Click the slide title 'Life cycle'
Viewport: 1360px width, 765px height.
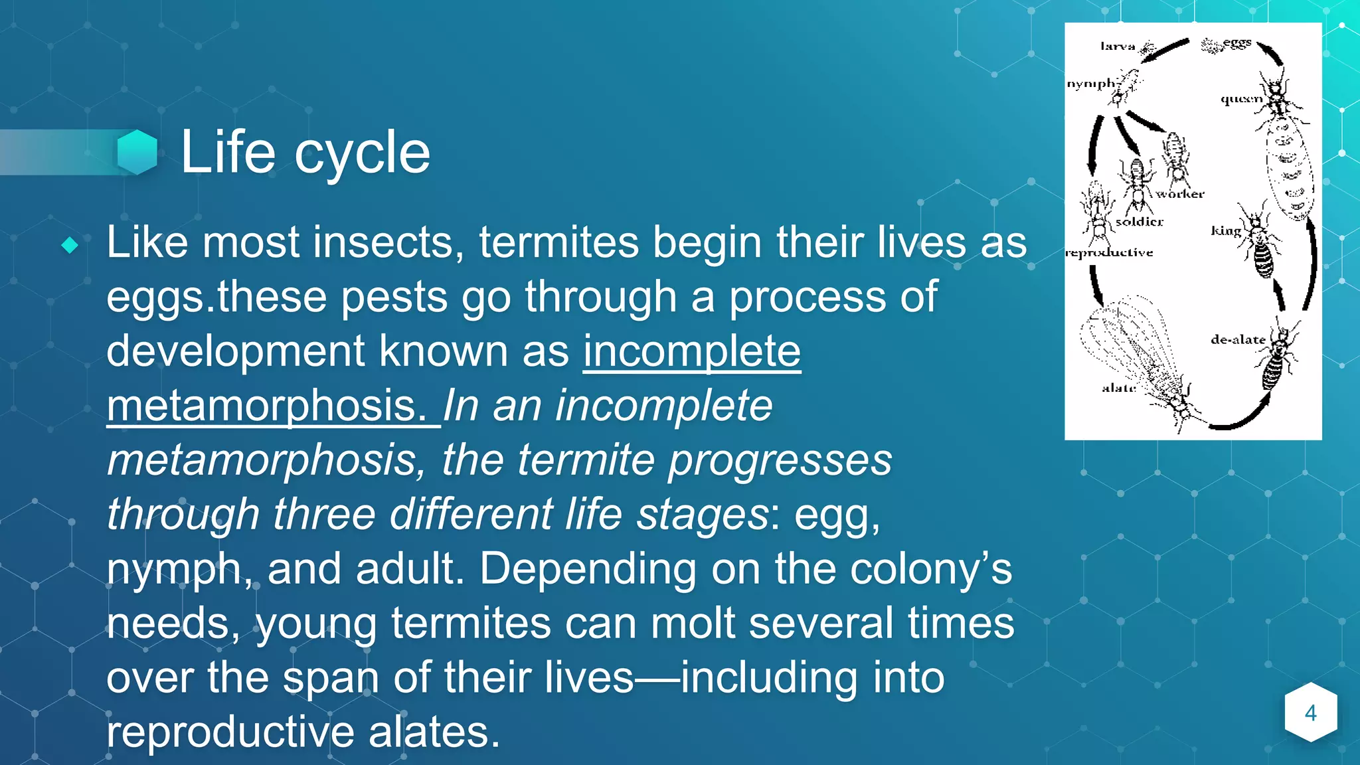305,153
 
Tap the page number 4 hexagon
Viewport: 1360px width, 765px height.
1310,713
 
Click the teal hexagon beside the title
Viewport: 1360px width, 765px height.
137,152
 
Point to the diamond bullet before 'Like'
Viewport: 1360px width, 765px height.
70,245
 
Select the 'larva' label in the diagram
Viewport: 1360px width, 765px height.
1118,46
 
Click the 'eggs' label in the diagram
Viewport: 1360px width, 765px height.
1237,42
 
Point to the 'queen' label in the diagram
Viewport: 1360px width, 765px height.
1240,99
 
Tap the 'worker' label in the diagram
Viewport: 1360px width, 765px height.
1179,194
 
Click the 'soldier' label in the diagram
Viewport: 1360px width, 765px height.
1140,222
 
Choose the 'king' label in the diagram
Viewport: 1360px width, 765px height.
1226,230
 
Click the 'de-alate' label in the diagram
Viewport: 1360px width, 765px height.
1238,339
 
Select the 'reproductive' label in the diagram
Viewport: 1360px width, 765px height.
1109,252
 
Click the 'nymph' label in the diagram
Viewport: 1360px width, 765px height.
1090,84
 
